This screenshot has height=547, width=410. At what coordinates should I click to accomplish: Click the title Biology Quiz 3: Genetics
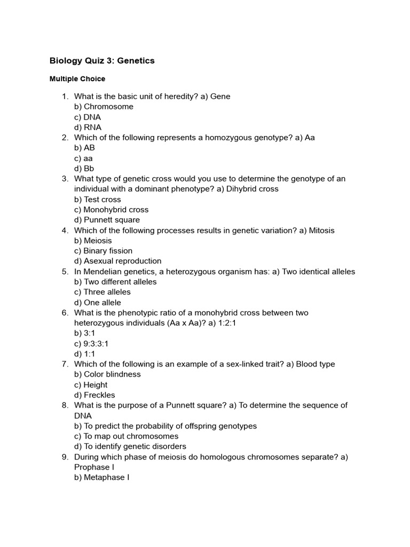(102, 61)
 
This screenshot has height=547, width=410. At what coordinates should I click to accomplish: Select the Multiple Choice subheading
(77, 79)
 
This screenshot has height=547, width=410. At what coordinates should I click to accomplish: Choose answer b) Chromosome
(104, 107)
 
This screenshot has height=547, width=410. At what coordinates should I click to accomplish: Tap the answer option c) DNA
(88, 117)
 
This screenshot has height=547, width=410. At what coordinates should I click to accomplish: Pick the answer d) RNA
(88, 127)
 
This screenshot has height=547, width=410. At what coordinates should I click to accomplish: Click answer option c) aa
(83, 158)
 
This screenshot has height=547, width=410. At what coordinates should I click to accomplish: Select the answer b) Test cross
(98, 199)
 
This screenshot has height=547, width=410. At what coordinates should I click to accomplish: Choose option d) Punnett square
(107, 220)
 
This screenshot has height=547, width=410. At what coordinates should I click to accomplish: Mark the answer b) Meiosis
(93, 240)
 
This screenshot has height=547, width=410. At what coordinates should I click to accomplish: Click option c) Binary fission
(103, 251)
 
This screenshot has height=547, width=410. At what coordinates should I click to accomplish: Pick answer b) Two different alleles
(115, 282)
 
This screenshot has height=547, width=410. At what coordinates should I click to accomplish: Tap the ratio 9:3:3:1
(96, 343)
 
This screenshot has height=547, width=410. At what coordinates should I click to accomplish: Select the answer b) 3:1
(84, 333)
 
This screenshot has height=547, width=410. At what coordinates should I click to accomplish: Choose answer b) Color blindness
(107, 374)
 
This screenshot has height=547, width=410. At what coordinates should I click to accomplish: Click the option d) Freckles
(94, 395)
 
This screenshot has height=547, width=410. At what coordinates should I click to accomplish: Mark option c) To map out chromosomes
(126, 436)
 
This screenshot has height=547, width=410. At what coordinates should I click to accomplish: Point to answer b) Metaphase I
(101, 477)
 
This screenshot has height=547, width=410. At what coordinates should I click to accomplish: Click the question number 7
(65, 364)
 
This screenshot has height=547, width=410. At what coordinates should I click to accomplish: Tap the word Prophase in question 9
(91, 467)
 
